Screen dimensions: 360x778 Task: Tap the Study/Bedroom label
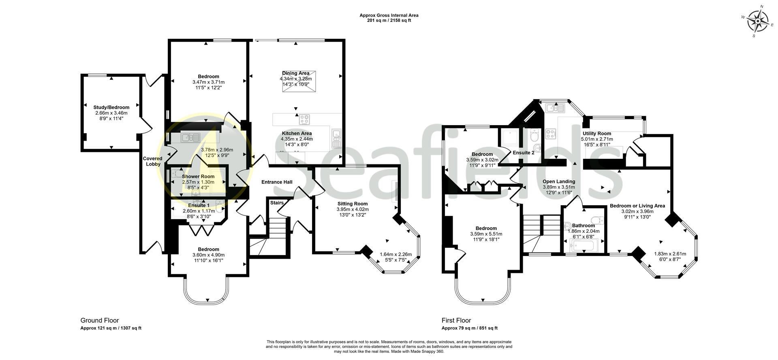(111, 107)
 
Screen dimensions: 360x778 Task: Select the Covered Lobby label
(153, 161)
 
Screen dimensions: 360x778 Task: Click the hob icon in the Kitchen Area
(304, 120)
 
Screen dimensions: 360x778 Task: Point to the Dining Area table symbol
(299, 82)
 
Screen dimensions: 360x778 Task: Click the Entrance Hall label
(277, 182)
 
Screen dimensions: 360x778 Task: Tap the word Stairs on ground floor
(277, 203)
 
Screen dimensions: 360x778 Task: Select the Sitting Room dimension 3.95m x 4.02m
(353, 209)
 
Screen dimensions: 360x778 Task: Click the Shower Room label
(198, 177)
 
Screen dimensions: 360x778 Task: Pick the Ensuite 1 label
(199, 206)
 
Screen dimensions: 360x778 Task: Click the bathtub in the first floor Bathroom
(583, 245)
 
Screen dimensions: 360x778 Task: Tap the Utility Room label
(597, 134)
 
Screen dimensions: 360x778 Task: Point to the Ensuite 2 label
(524, 153)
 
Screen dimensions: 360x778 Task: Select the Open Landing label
(559, 181)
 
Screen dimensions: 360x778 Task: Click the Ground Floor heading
(100, 320)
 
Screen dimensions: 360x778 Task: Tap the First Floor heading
(456, 320)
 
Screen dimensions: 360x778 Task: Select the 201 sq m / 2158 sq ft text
(389, 21)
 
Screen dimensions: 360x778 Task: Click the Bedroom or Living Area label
(637, 206)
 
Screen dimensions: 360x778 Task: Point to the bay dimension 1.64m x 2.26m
(395, 255)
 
